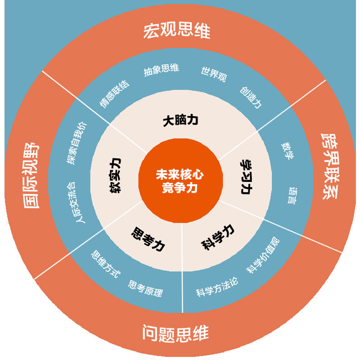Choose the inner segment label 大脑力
click(180, 121)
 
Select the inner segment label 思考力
click(148, 239)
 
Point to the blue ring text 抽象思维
click(162, 70)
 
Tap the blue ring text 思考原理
click(145, 288)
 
